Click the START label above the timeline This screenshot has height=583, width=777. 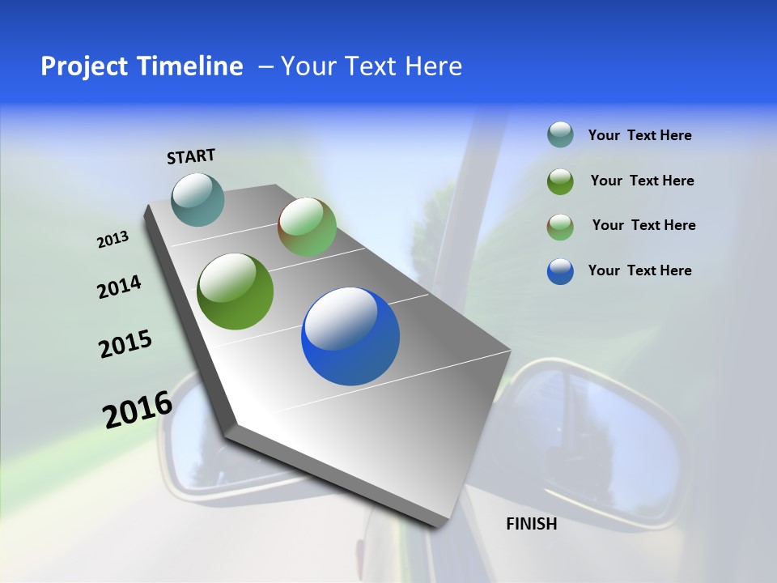pyautogui.click(x=191, y=156)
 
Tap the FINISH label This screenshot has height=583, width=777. pyautogui.click(x=531, y=524)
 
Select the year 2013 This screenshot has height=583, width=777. pyautogui.click(x=113, y=240)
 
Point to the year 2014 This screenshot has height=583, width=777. pyautogui.click(x=119, y=287)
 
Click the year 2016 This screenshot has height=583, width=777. pyautogui.click(x=137, y=410)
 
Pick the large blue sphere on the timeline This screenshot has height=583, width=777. pyautogui.click(x=350, y=336)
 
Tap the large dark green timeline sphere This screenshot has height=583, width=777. pyautogui.click(x=236, y=291)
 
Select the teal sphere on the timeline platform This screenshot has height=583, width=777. pyautogui.click(x=198, y=199)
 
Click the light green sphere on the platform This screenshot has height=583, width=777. pyautogui.click(x=308, y=227)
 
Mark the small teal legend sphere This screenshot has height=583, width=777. pyautogui.click(x=560, y=135)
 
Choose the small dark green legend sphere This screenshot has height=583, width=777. pyautogui.click(x=560, y=181)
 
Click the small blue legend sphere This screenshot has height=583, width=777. pyautogui.click(x=560, y=271)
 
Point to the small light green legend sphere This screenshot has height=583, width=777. pyautogui.click(x=560, y=226)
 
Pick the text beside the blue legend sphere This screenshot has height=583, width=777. pyautogui.click(x=639, y=270)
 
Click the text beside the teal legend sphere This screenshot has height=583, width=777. pyautogui.click(x=639, y=135)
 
